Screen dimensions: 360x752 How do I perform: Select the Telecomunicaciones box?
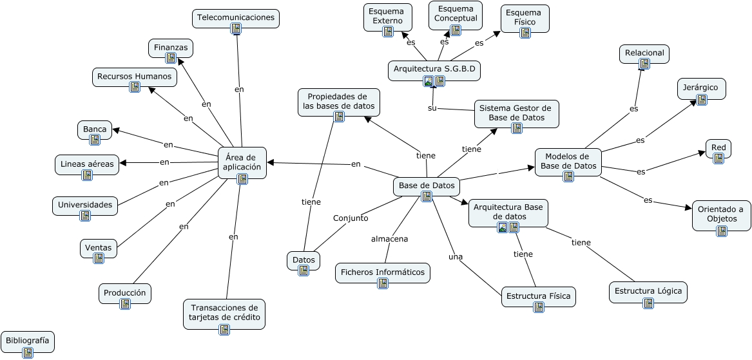(x=235, y=18)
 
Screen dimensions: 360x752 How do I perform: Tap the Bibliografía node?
(x=27, y=341)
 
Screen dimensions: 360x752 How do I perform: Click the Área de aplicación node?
(x=242, y=162)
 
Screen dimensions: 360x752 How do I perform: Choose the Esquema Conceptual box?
(x=456, y=14)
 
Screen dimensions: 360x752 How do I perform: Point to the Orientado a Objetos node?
(x=721, y=214)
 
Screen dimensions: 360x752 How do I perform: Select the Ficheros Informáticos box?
(x=382, y=272)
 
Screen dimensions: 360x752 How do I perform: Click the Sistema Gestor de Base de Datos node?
(x=516, y=113)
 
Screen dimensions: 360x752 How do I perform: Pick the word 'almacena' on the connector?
(x=389, y=239)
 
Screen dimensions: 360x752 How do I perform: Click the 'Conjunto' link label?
(x=351, y=218)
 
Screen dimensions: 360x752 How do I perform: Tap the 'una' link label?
(x=456, y=257)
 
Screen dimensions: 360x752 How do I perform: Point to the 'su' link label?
(x=432, y=108)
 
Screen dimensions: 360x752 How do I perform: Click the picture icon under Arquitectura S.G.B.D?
(x=429, y=81)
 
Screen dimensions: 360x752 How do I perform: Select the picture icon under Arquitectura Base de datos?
(x=503, y=227)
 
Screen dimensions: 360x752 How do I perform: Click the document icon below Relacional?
(x=644, y=64)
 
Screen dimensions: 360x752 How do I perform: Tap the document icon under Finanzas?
(x=171, y=58)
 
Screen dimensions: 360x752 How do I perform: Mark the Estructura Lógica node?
(x=648, y=291)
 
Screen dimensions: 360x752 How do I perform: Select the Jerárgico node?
(x=701, y=88)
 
